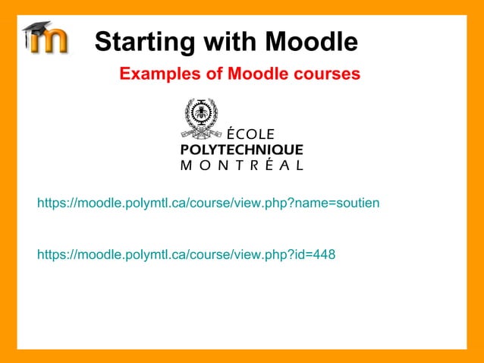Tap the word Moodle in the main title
coord(311,42)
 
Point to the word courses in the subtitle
coord(327,74)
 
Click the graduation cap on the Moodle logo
coord(35,30)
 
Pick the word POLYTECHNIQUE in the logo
coord(241,149)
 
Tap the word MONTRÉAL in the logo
coord(241,164)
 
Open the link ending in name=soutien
coord(208,204)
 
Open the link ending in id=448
coord(186,254)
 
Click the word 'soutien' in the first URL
coord(358,204)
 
